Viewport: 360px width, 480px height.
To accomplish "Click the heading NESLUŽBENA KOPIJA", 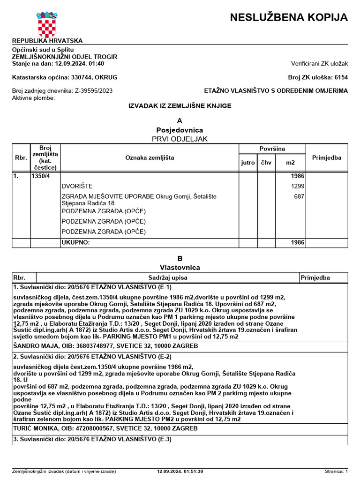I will [289, 18].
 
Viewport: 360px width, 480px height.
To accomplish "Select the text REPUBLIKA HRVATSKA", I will [47, 41].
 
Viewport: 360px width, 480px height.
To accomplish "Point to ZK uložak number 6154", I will [340, 77].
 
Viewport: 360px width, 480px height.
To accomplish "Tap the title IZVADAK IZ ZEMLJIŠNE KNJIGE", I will [180, 106].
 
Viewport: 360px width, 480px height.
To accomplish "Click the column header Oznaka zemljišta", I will [150, 158].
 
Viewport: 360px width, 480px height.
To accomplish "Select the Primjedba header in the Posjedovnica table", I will [326, 158].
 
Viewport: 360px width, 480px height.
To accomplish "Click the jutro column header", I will [248, 163].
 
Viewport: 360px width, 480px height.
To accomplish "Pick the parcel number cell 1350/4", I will [40, 177].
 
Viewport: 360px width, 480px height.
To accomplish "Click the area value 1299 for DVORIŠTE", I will [298, 186].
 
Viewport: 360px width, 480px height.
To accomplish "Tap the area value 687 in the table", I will [299, 196].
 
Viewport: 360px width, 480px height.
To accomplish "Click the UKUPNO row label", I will [75, 243].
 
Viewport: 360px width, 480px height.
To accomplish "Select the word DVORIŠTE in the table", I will [77, 186].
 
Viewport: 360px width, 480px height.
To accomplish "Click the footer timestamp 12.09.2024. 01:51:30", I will [180, 471].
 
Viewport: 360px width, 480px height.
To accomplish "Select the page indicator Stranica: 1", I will [336, 471].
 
